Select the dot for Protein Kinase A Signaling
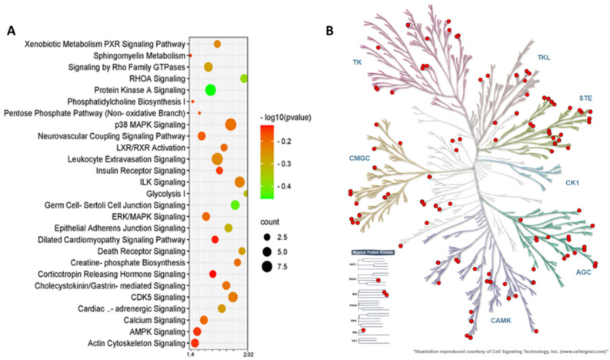(x=210, y=90)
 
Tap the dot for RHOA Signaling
(x=244, y=78)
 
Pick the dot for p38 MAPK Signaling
(x=230, y=125)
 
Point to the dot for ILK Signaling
(x=239, y=182)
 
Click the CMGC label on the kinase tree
(x=344, y=159)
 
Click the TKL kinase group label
(x=545, y=58)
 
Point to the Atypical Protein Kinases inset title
(x=365, y=252)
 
